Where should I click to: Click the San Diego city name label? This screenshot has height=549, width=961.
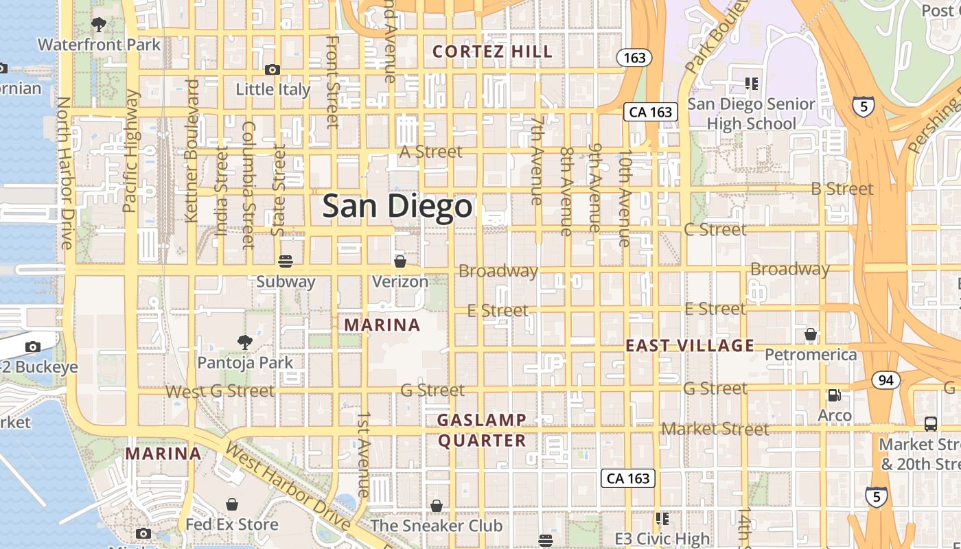[x=397, y=206]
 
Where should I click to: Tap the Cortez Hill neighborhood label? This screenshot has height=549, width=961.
[x=493, y=51]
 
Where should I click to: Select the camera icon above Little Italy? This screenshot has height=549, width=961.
[x=273, y=69]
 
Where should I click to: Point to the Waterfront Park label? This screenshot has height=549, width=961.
[x=99, y=45]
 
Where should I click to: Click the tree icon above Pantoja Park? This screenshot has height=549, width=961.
[x=244, y=342]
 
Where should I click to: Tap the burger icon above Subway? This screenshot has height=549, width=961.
[x=286, y=261]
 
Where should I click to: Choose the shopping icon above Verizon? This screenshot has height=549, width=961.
[x=400, y=261]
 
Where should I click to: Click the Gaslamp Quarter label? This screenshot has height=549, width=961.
[x=482, y=430]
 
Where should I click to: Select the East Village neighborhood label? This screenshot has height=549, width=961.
[x=689, y=345]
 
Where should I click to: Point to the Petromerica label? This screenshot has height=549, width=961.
[x=811, y=355]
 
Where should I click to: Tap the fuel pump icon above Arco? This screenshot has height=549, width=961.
[x=835, y=395]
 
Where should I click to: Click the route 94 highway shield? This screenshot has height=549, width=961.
[x=887, y=379]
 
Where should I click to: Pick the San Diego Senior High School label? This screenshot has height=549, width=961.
[x=751, y=114]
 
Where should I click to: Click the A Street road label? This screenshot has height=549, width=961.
[x=431, y=152]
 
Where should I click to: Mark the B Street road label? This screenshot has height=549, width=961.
[x=842, y=189]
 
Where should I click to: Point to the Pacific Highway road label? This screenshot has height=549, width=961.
[x=130, y=151]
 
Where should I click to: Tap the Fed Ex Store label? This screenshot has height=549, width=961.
[x=232, y=525]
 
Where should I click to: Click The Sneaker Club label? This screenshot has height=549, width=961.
[x=437, y=526]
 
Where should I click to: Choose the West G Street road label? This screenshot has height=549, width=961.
[x=220, y=391]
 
